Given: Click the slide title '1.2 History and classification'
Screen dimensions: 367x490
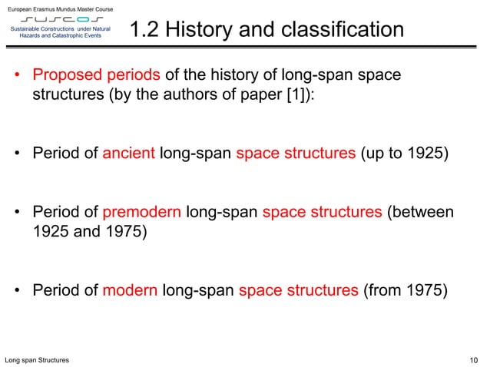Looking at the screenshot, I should coord(267,30).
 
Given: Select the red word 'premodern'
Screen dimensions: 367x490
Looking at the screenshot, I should coord(141,212).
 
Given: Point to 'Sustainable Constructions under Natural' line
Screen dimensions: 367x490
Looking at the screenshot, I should coord(61,28).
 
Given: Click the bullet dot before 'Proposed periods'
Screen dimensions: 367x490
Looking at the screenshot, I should coord(17,78).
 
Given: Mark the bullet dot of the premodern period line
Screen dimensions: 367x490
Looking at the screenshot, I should coord(17,213).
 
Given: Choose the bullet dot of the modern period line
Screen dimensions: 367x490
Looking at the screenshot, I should coord(17,291).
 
